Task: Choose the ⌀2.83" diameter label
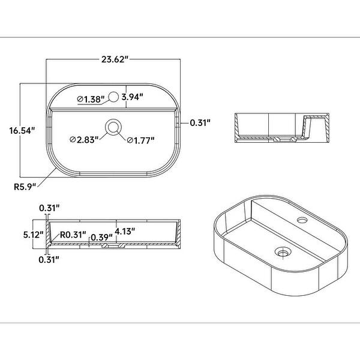coord(83,140)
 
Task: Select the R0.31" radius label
coord(73,235)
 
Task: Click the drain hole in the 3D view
coord(281,252)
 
